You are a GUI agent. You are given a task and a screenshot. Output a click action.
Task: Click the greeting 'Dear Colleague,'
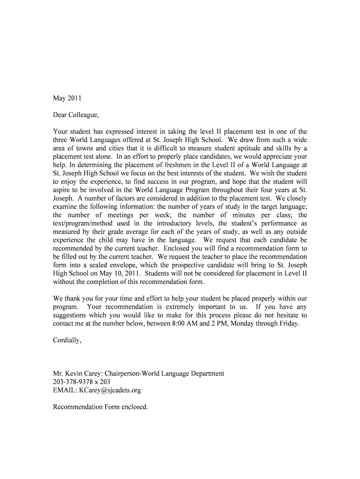77,115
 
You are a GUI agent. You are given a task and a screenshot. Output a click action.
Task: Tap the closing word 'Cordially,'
67,340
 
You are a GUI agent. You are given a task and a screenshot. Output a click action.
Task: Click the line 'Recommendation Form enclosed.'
101,407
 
